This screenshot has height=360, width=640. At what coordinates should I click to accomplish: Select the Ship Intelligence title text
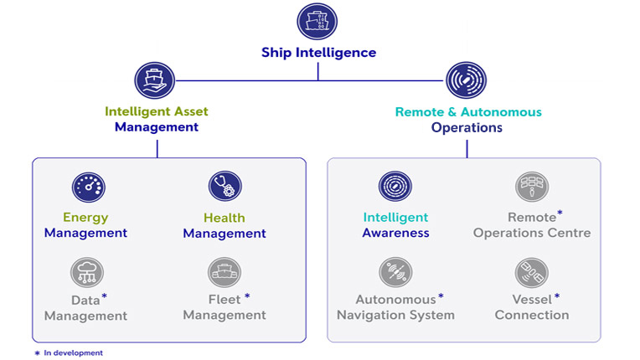click(317, 53)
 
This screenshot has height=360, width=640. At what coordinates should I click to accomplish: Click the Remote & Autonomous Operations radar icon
click(467, 81)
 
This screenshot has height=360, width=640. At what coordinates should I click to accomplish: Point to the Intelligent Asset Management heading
click(157, 119)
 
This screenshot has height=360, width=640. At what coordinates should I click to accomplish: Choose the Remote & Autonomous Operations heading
click(467, 120)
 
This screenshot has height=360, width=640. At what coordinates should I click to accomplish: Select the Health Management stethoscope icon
click(225, 187)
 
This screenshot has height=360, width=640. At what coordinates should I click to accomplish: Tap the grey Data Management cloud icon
click(86, 272)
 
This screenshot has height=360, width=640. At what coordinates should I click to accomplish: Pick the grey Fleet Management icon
click(225, 272)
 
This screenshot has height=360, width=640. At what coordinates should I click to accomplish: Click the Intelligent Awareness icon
click(395, 187)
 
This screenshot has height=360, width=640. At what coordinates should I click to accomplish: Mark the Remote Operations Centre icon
click(532, 187)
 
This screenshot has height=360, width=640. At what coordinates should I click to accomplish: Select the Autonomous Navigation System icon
click(395, 272)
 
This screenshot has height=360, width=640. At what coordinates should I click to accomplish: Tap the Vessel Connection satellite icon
click(532, 272)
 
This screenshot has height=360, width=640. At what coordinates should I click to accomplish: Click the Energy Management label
click(85, 225)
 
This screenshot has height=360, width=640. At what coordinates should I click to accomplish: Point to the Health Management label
click(225, 225)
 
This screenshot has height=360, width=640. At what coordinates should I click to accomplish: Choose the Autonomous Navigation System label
click(395, 307)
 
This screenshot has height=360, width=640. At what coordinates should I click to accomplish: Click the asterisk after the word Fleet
click(247, 297)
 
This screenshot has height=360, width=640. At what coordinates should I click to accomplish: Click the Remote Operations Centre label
click(532, 225)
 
